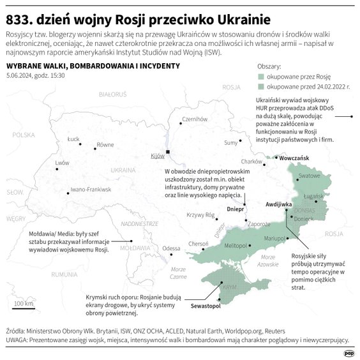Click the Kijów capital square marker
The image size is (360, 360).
point(167,151)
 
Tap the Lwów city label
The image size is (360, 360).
point(63,163)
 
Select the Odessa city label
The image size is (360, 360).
point(172,248)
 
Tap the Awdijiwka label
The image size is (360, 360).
point(278,204)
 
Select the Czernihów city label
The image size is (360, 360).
point(195,119)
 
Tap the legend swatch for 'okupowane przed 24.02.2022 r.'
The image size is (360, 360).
point(260,85)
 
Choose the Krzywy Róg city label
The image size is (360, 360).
point(200,215)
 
